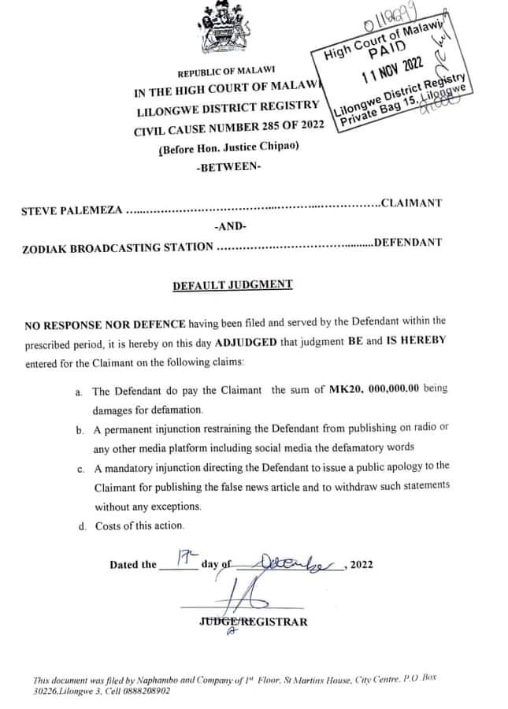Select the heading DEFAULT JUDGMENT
click(232, 284)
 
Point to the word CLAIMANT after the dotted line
click(411, 202)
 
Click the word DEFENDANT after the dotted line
click(407, 242)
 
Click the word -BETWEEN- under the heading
click(230, 168)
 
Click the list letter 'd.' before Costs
click(82, 526)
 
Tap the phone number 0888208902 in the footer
click(145, 692)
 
